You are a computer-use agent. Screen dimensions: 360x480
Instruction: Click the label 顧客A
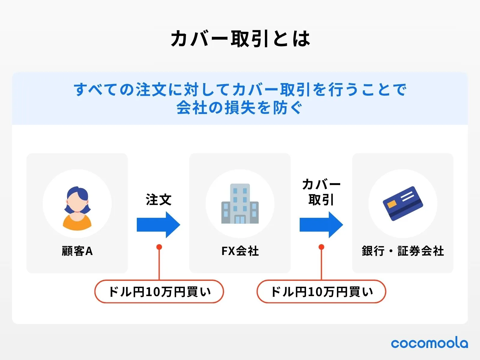coord(77,251)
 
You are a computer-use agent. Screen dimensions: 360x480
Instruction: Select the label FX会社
coord(240,251)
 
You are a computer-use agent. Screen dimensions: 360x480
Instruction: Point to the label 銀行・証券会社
coord(403,251)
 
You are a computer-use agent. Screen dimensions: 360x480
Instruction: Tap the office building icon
coord(240,204)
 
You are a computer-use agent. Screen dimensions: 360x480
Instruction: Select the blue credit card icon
coord(403,203)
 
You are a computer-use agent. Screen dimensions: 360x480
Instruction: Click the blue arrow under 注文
coord(158,225)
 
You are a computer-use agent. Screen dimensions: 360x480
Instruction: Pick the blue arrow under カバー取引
coord(321,225)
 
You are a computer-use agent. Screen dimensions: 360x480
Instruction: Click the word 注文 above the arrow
coord(158,200)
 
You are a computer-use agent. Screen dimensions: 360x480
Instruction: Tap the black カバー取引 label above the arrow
coord(321,192)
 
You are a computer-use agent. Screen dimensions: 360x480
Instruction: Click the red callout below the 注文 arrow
coord(159,292)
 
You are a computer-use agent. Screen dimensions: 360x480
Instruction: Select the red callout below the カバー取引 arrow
coord(321,292)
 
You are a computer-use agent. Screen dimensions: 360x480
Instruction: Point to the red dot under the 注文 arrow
coord(159,247)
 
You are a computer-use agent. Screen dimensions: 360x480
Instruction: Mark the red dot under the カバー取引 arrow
coord(321,247)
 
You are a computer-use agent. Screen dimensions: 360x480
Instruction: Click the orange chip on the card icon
coord(391,205)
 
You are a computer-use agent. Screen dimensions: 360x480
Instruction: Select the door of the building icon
coord(240,220)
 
